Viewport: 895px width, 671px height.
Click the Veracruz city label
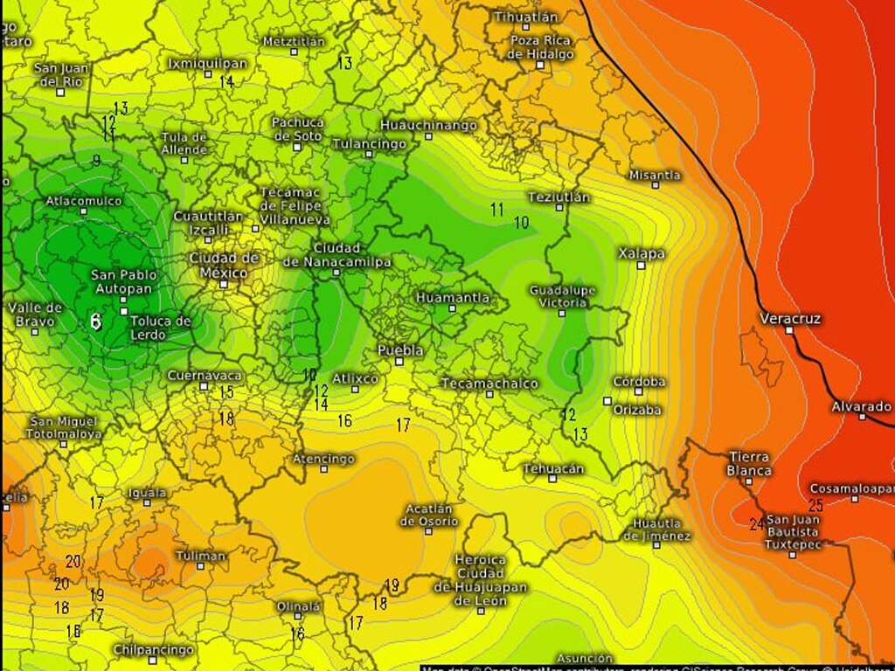pyautogui.click(x=790, y=319)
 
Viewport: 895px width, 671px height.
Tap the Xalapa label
pyautogui.click(x=641, y=254)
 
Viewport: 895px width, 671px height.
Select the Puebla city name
pyautogui.click(x=400, y=350)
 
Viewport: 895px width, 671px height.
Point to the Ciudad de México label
pyautogui.click(x=224, y=265)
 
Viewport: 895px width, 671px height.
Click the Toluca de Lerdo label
pyautogui.click(x=160, y=327)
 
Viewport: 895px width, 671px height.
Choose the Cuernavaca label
pyautogui.click(x=205, y=376)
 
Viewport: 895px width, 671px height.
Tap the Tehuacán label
pyautogui.click(x=553, y=469)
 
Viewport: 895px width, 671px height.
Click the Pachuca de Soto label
pyautogui.click(x=297, y=129)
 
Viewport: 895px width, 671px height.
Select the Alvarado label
pyautogui.click(x=861, y=407)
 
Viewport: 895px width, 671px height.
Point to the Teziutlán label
pyautogui.click(x=559, y=197)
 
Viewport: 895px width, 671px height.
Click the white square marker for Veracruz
pyautogui.click(x=789, y=330)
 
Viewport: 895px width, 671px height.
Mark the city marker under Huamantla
pyautogui.click(x=452, y=308)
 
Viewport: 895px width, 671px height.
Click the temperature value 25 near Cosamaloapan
pyautogui.click(x=816, y=505)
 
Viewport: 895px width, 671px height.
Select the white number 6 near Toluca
pyautogui.click(x=95, y=322)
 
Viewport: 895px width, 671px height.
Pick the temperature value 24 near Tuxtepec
pyautogui.click(x=756, y=524)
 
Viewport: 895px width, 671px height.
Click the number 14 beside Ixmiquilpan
pyautogui.click(x=226, y=81)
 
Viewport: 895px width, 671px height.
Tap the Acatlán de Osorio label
pyautogui.click(x=429, y=515)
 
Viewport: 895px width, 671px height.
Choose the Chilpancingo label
pyautogui.click(x=153, y=650)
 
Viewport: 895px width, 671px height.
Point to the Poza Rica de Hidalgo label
pyautogui.click(x=540, y=47)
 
